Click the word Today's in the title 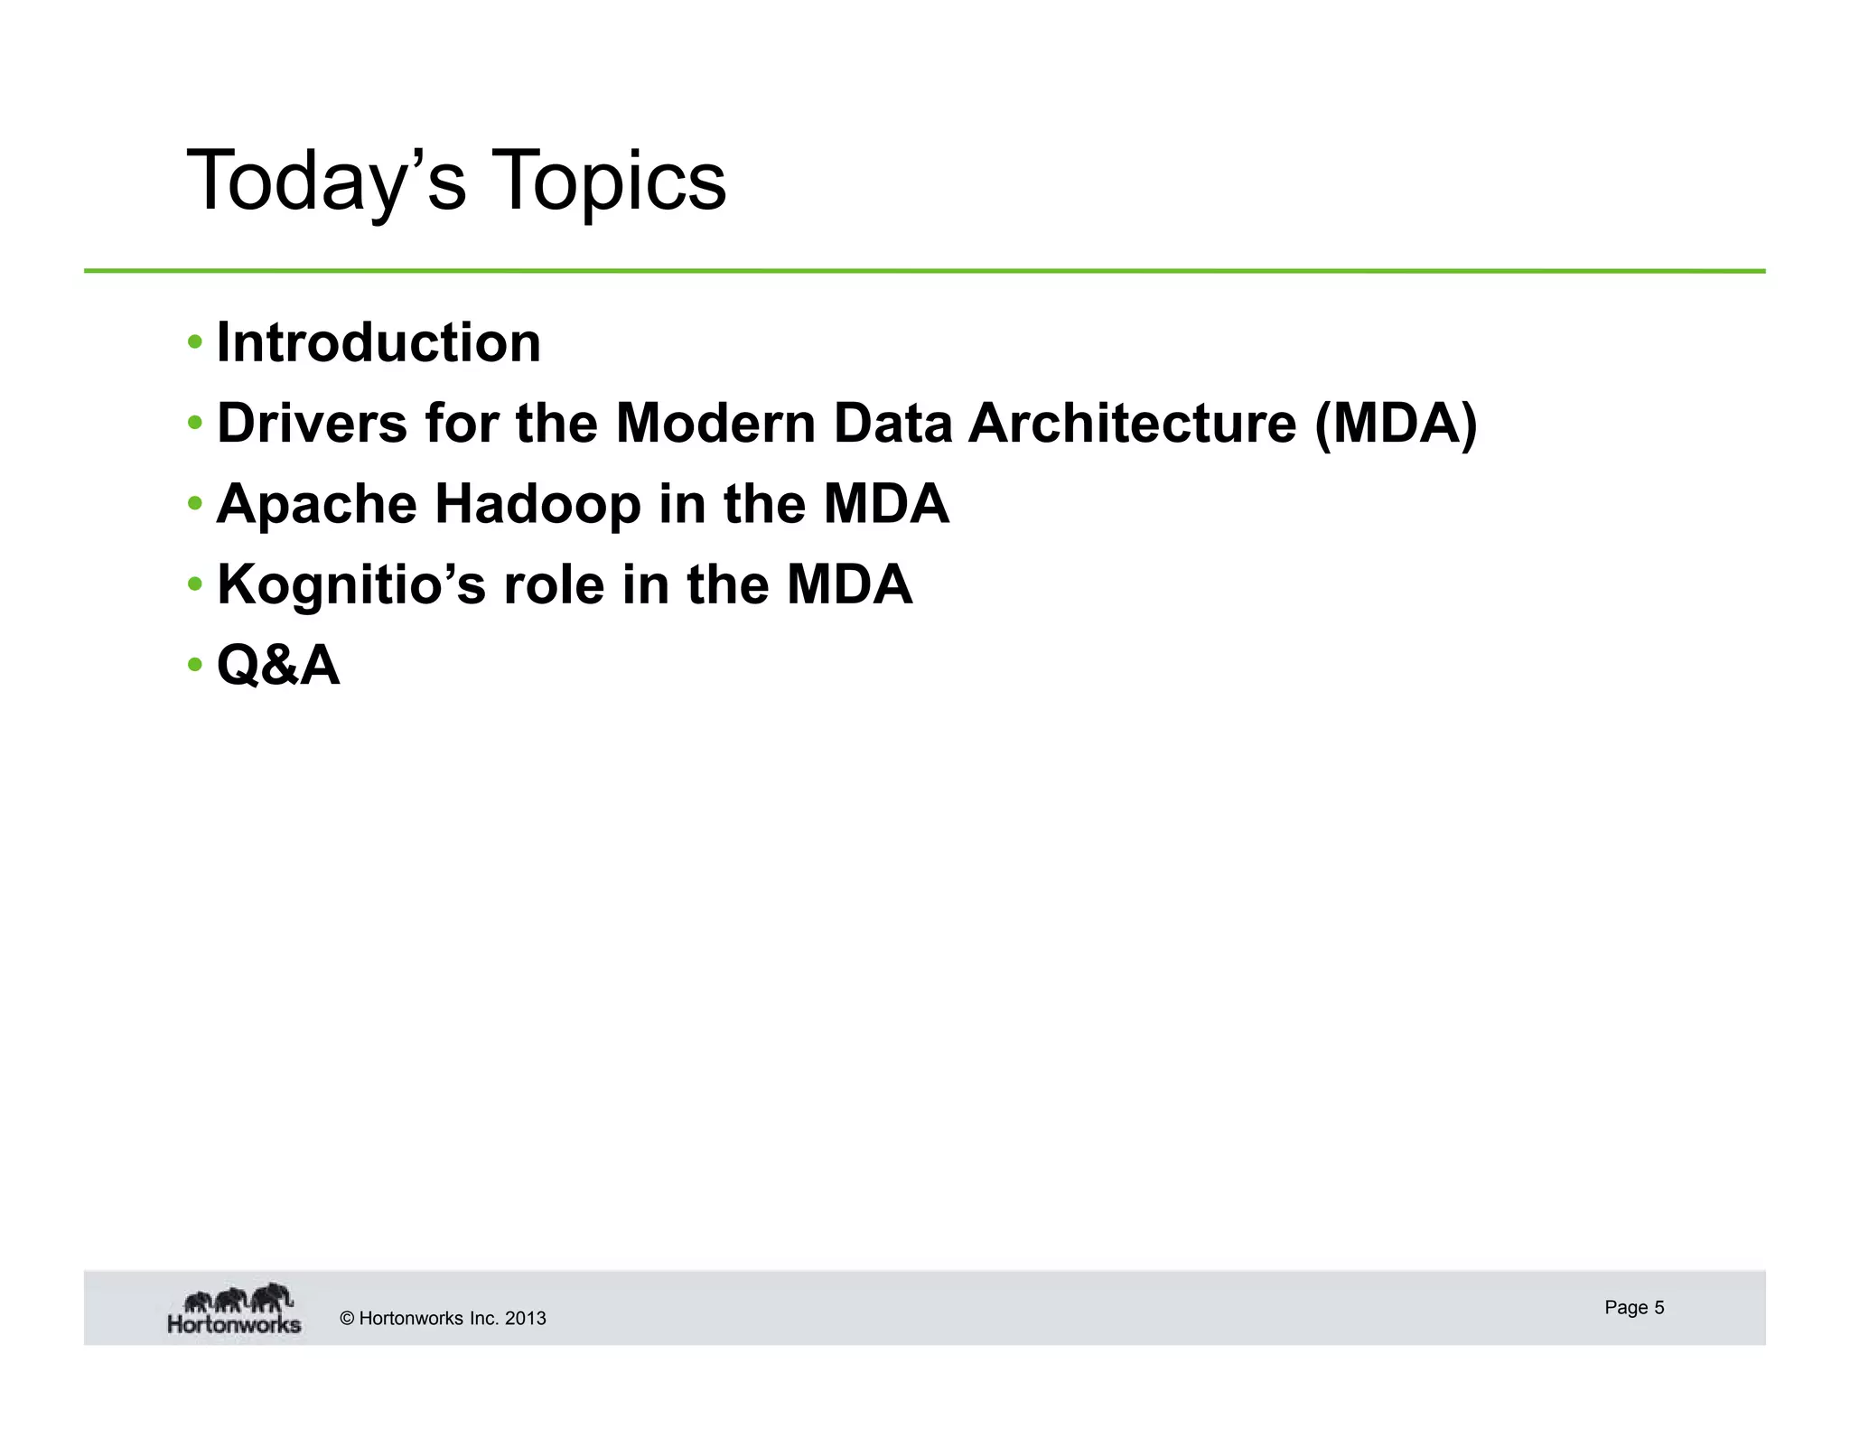(325, 182)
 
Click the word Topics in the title (610, 182)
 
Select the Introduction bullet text (378, 343)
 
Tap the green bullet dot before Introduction (195, 342)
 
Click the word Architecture (1132, 423)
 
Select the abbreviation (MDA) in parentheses (1397, 423)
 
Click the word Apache (316, 504)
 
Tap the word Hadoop (537, 504)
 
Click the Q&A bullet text (278, 666)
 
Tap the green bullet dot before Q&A (195, 666)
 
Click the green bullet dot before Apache (195, 503)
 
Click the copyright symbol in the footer (347, 1319)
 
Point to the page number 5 (1658, 1308)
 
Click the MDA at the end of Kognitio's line (849, 585)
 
